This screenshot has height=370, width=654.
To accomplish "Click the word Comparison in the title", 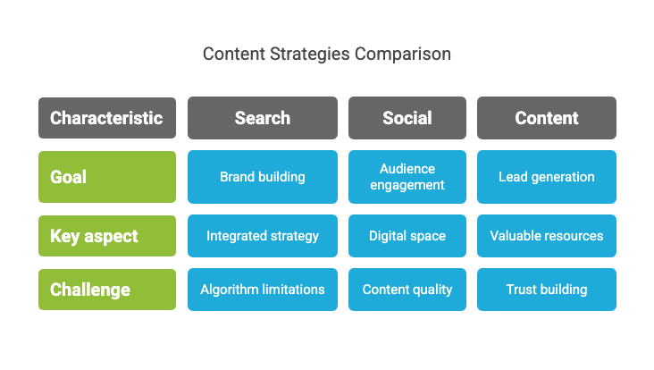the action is (x=403, y=55).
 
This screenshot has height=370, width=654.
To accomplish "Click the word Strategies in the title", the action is (x=309, y=55).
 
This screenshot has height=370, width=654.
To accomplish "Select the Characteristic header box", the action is (x=107, y=118).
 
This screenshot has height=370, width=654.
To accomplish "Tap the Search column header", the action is (x=263, y=118).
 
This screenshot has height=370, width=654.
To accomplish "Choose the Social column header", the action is (x=407, y=118).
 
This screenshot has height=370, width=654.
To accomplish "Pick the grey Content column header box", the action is (x=547, y=118).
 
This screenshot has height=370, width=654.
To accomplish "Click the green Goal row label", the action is (x=107, y=177).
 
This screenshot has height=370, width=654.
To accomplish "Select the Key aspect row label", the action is (x=107, y=236).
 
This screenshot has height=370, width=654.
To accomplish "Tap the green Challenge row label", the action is (x=107, y=290).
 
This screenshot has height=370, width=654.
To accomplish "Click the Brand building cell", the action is (x=263, y=177).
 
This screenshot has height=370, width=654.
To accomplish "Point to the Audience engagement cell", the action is (x=407, y=177).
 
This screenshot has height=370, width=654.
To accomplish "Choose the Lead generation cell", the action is (x=547, y=177).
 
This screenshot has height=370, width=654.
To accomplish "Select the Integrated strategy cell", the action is (x=263, y=236).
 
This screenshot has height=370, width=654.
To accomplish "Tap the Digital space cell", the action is (x=407, y=236).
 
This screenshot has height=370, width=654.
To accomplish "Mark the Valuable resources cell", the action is (x=547, y=236).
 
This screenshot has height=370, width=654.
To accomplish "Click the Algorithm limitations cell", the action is (x=263, y=290).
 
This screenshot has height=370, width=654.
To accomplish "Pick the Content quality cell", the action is (x=407, y=290).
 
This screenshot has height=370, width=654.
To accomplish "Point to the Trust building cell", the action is (x=547, y=290).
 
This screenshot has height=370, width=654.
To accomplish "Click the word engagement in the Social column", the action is (x=407, y=185).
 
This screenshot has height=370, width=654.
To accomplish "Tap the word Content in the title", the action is (x=234, y=55).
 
